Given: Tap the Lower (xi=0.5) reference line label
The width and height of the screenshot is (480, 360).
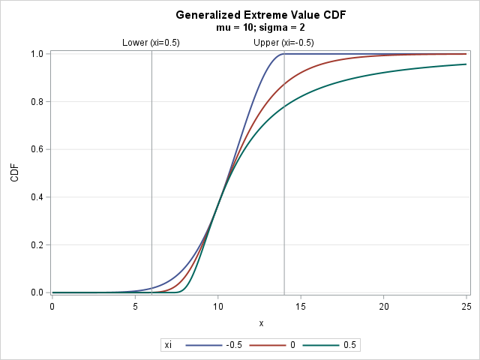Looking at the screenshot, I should (x=151, y=43).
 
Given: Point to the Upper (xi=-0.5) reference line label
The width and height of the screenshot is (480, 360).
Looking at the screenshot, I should (x=283, y=43).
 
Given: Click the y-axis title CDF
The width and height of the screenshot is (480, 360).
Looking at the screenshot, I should (x=14, y=173).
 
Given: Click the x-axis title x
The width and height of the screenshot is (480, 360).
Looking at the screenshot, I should (x=261, y=323).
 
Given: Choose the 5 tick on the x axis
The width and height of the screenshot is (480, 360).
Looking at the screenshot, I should (x=135, y=306).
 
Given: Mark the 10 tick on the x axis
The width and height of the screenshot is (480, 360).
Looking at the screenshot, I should (x=217, y=306).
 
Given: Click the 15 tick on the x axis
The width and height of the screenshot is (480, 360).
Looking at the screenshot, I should (x=301, y=306).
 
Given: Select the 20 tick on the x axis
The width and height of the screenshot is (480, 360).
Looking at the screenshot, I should (x=384, y=306).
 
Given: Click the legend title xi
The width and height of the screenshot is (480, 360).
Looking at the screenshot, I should (x=169, y=345).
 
